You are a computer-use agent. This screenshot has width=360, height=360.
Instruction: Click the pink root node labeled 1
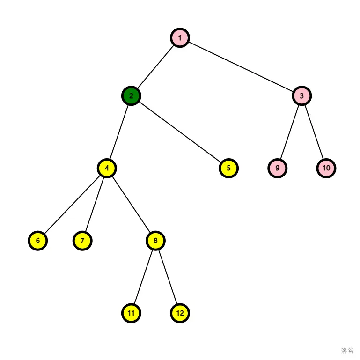(180, 38)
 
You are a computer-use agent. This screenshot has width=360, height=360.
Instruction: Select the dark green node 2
(131, 96)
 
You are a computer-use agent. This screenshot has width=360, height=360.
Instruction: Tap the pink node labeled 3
(301, 96)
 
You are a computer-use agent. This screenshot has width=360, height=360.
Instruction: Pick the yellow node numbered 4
(107, 168)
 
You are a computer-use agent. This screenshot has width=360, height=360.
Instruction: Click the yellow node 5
(228, 168)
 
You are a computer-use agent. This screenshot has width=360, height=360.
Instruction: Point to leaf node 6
(38, 241)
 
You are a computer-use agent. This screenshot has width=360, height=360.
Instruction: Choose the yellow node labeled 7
(82, 241)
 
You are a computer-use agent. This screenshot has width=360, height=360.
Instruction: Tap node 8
(155, 241)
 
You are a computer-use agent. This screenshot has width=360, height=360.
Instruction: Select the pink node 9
(277, 168)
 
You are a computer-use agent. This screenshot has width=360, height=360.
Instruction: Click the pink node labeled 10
(326, 168)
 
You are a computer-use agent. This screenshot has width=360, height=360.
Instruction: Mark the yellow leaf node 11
(131, 313)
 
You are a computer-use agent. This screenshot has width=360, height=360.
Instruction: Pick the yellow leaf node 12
(180, 313)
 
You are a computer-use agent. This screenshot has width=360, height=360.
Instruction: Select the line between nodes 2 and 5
(180, 132)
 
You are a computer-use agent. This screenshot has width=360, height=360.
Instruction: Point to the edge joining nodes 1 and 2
(156, 67)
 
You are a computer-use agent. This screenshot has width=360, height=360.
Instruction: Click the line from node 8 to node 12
(168, 277)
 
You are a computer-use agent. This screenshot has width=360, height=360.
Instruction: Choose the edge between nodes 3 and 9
(289, 132)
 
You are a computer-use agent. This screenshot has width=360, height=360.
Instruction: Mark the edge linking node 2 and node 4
(119, 132)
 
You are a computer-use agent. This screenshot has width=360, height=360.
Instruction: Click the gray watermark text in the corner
(347, 351)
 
